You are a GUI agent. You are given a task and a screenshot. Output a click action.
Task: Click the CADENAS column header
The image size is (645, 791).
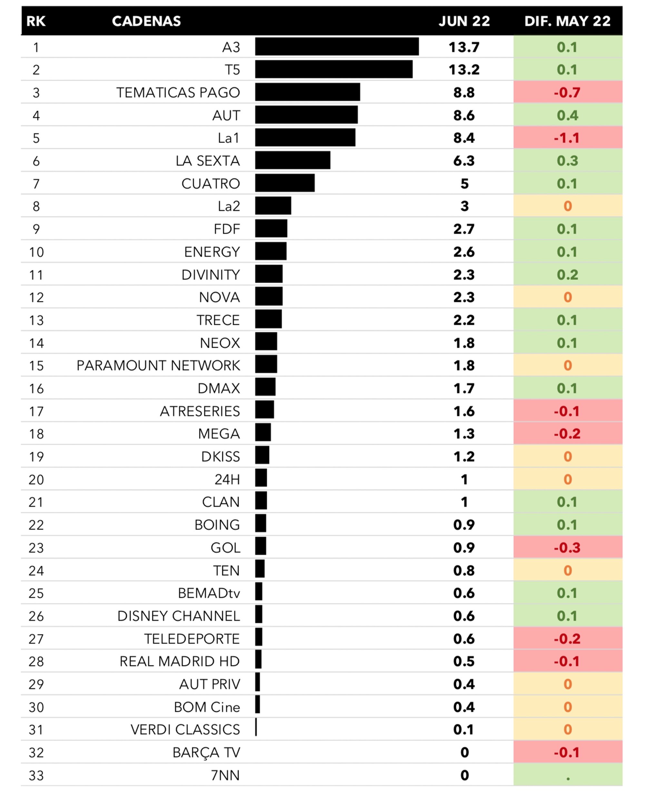[x=146, y=21]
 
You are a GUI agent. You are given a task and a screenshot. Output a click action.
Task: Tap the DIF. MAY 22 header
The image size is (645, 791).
[x=567, y=21]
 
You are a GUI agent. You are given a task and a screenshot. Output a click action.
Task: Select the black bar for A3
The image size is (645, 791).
[x=337, y=46]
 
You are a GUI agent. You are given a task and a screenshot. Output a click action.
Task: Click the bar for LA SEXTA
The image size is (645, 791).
[x=293, y=160]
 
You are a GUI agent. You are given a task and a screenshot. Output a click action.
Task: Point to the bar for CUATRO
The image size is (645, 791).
[x=284, y=183]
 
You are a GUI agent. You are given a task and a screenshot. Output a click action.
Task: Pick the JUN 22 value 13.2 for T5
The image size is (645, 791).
[x=464, y=69]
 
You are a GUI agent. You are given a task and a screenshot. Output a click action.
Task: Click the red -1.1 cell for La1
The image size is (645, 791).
[x=567, y=138]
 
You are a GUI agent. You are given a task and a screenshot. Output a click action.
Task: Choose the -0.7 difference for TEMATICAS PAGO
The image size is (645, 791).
[x=567, y=92]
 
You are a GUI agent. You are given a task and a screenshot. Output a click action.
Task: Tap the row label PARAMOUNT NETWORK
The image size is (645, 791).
[x=158, y=365]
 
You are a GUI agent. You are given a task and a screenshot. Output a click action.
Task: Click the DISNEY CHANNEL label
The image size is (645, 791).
[x=178, y=616]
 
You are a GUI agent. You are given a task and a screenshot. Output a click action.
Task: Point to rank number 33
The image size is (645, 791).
[x=36, y=776]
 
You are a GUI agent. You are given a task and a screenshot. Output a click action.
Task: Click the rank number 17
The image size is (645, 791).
[x=36, y=411]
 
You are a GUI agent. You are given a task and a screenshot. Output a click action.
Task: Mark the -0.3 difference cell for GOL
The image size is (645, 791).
[x=567, y=548]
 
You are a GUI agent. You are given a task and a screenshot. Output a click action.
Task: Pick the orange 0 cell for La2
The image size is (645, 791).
[x=567, y=206]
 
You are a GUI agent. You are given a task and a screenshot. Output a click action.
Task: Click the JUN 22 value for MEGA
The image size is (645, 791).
[x=464, y=434]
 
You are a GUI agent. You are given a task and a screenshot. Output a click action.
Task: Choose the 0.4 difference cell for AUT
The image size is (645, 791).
[x=567, y=115]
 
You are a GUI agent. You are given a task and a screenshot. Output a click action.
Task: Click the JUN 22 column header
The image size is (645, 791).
[x=464, y=21]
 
